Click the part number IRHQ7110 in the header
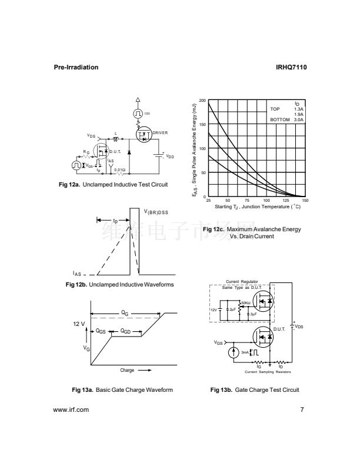(x=291, y=67)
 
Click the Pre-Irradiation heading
(x=76, y=67)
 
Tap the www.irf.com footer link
(x=71, y=410)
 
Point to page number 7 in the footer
(x=302, y=410)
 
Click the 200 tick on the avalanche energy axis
(x=202, y=101)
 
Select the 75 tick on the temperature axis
(x=247, y=201)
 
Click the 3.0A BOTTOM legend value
(x=299, y=119)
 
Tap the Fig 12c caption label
(x=212, y=229)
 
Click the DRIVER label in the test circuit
(x=161, y=133)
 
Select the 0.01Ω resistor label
(x=119, y=169)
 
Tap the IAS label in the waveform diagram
(x=77, y=274)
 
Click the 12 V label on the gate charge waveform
(x=79, y=324)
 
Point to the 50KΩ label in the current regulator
(x=246, y=303)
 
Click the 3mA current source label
(x=245, y=352)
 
